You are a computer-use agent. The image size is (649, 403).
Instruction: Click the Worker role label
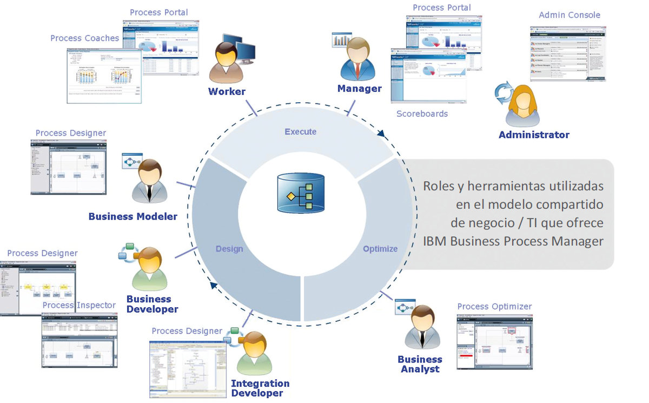point(227,91)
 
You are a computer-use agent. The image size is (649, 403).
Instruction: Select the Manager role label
point(359,88)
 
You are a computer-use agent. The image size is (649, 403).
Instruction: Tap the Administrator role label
point(534,135)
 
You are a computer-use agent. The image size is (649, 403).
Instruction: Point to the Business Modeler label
point(133,216)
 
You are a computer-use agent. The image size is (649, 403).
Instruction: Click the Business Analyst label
point(420,364)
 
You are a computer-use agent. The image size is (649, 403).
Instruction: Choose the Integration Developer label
point(260,388)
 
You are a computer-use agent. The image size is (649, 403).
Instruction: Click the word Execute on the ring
point(300,131)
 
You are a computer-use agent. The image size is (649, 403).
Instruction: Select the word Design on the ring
point(229,249)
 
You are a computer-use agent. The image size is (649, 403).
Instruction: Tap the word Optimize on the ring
point(380,249)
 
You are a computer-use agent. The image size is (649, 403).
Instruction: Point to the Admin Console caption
point(569,15)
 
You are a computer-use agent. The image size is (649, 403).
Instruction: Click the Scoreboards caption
point(422,114)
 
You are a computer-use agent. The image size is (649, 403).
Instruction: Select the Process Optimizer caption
point(494,307)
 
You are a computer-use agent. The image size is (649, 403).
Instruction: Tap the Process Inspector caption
point(79,305)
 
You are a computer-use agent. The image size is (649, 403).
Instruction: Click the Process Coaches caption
point(84,38)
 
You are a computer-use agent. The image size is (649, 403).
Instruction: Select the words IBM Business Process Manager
point(513,241)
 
